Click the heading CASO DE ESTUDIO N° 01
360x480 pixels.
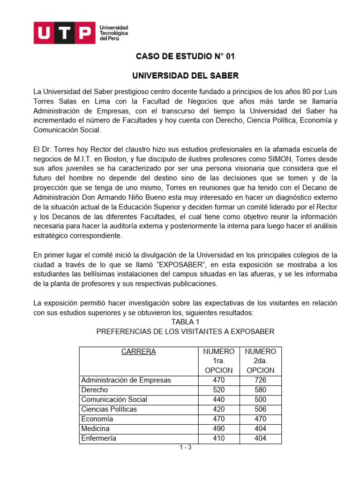point(185,57)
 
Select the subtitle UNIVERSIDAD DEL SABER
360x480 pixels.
point(185,75)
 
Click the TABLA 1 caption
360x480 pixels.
point(185,322)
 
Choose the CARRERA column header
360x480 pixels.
point(138,352)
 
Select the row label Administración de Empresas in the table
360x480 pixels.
point(126,380)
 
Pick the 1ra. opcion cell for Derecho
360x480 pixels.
point(218,390)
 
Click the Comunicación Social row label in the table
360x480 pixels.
point(114,399)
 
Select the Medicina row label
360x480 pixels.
point(95,428)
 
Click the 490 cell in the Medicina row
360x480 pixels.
point(218,428)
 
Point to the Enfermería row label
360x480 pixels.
point(98,438)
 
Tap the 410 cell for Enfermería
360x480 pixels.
point(218,438)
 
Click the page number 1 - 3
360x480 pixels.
point(186,447)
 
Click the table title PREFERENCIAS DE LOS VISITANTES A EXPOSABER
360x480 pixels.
point(185,331)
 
